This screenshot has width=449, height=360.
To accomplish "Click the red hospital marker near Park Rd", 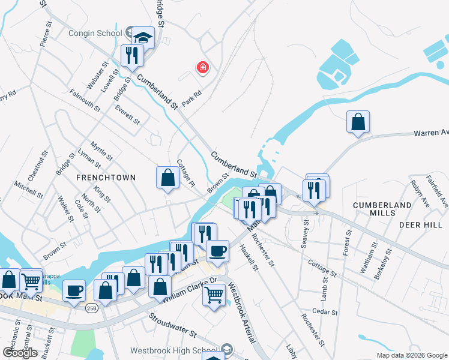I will [203, 67].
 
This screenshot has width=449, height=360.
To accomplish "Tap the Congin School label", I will [96, 33].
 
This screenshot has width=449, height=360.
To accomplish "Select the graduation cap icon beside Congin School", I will [143, 37].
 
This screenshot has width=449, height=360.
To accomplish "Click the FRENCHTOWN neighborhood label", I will [106, 178].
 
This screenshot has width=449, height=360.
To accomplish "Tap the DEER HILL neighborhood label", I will [420, 224].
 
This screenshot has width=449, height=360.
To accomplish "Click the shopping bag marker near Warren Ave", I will [358, 122].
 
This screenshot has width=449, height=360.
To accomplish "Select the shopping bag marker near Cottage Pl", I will [168, 177].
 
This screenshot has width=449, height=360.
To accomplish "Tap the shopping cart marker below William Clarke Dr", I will [214, 295].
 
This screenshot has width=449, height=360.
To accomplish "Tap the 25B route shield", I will [91, 308].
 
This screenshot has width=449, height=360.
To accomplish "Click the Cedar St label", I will [326, 312].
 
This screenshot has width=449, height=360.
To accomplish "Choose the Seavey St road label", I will [306, 233].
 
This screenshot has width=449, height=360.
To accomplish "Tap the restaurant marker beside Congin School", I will [131, 56].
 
